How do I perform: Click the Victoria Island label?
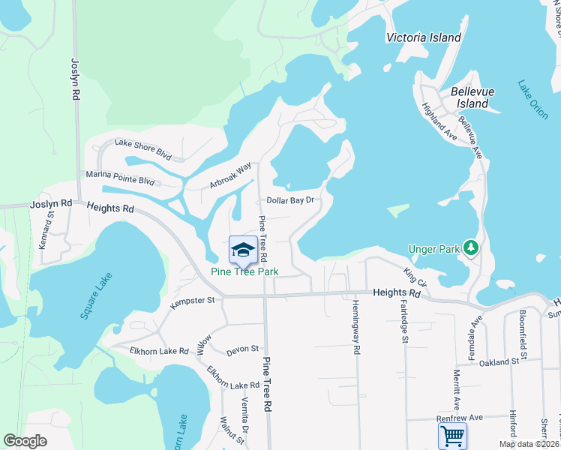pos(423,37)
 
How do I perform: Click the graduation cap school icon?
pos(243,249)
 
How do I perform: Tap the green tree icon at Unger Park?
pos(470,247)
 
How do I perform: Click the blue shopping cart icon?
pos(452,436)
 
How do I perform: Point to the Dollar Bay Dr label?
pos(289,200)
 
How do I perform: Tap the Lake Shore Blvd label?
pos(143,150)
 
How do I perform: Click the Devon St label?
pos(242,349)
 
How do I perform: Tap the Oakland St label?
pos(500,361)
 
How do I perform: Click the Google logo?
pos(25,440)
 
